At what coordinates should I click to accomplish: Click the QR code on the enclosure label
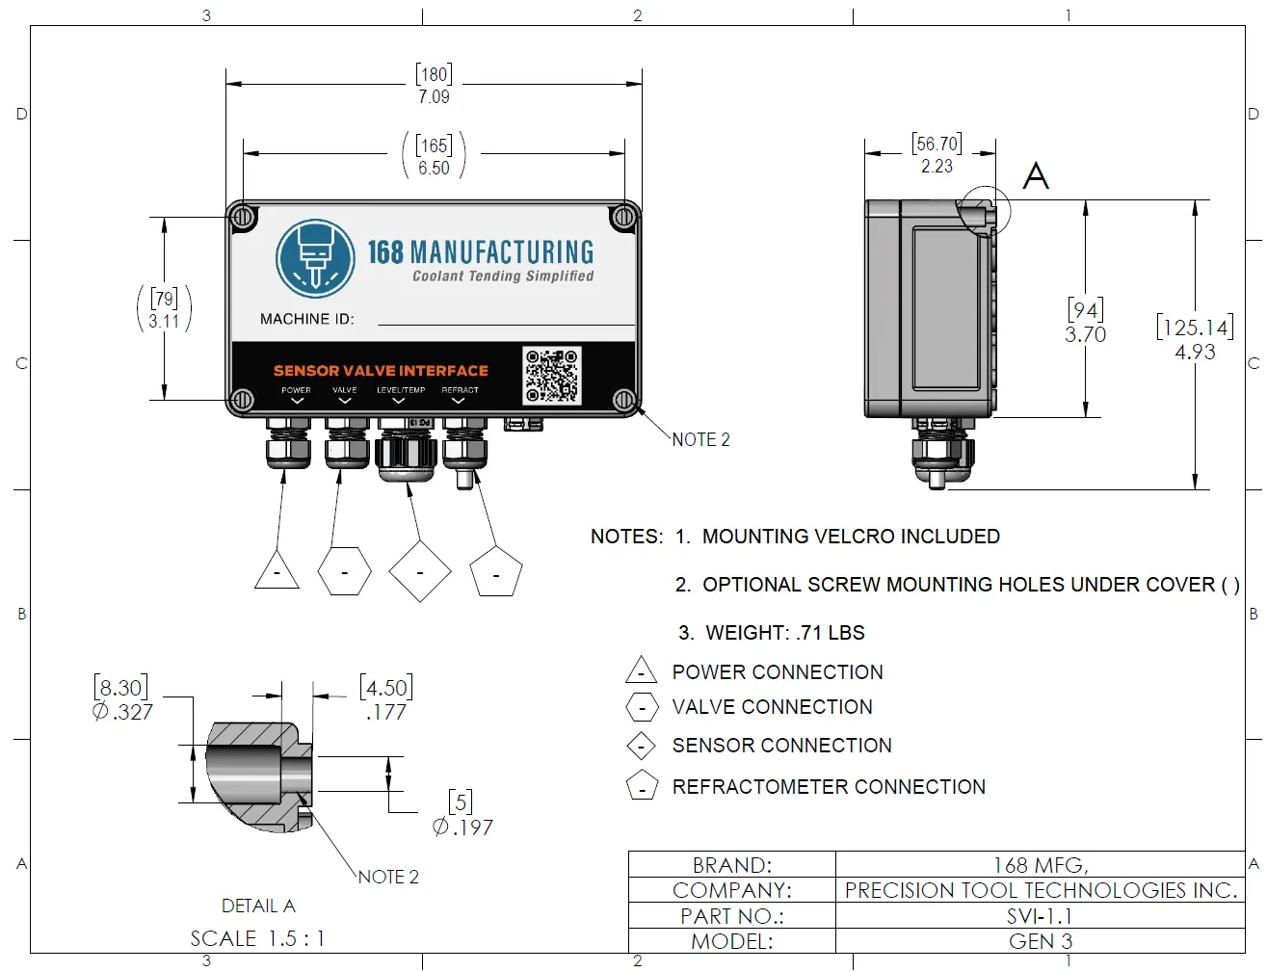tap(551, 376)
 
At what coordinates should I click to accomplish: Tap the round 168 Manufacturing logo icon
tap(315, 258)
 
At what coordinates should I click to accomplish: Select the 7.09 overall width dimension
tap(434, 97)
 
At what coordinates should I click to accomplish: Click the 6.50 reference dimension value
tap(434, 168)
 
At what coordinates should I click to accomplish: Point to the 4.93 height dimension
tap(1195, 353)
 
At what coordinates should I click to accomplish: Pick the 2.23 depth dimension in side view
tap(937, 167)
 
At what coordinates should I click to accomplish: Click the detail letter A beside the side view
tap(1036, 176)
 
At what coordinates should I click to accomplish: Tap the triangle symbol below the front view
tap(277, 571)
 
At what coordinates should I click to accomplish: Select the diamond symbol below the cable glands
tap(420, 571)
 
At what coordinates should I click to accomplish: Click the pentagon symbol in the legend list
tap(642, 787)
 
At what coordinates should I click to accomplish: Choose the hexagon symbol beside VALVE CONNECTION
tap(642, 708)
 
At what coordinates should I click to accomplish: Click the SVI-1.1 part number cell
tap(1040, 916)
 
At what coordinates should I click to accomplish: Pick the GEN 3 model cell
tap(1040, 941)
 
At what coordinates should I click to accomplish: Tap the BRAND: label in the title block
tap(732, 865)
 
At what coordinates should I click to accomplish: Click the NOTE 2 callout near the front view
tap(700, 440)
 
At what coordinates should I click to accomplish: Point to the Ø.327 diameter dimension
tap(122, 712)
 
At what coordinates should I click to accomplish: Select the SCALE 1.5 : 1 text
tap(257, 938)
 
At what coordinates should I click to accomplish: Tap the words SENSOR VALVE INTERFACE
tap(381, 371)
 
